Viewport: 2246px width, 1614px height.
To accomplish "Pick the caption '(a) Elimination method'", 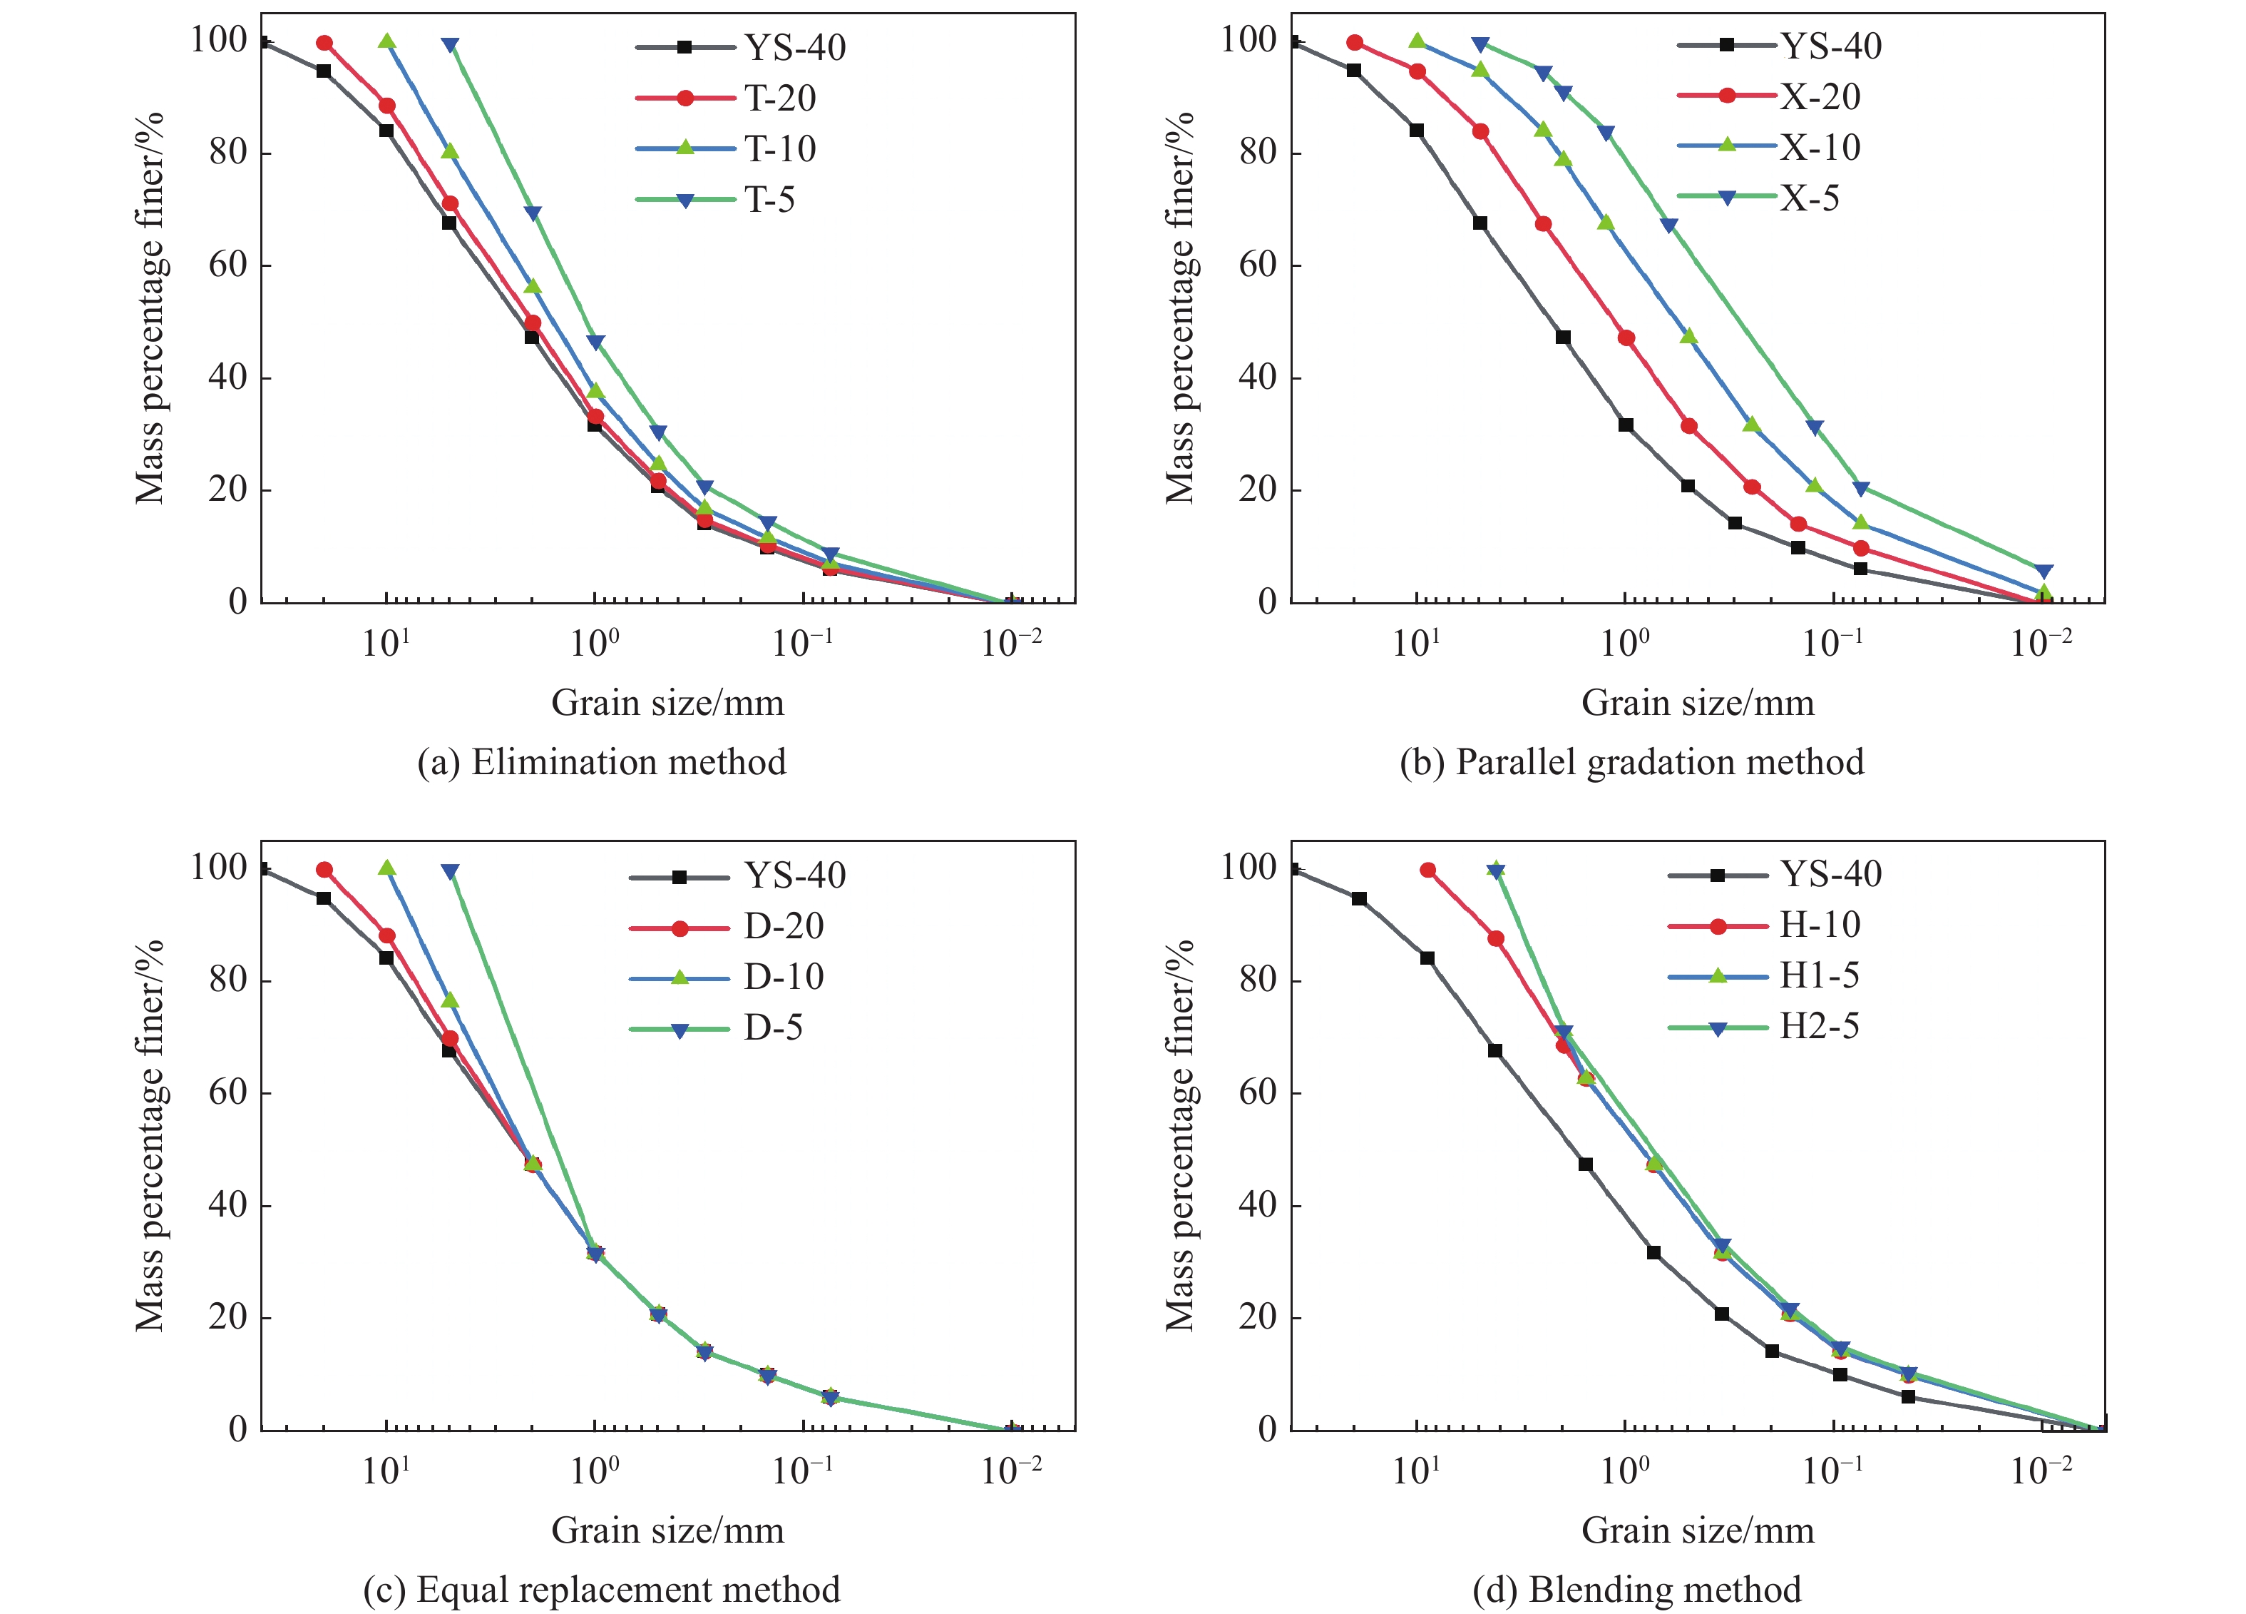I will (601, 762).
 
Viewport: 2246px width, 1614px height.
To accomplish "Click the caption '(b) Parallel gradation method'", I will (1631, 762).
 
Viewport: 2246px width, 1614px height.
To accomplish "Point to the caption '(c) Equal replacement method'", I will (601, 1589).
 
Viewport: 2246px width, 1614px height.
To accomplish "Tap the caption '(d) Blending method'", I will (1636, 1589).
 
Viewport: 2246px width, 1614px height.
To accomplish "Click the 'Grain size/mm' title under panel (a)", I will (667, 703).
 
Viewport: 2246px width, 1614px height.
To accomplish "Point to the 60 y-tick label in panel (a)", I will (227, 265).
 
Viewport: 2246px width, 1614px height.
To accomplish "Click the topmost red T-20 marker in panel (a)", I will (324, 43).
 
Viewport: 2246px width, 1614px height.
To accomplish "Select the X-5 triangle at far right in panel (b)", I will (2043, 572).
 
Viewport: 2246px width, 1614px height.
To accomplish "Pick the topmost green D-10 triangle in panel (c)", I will (387, 868).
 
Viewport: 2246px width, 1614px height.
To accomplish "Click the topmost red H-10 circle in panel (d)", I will (1427, 870).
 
